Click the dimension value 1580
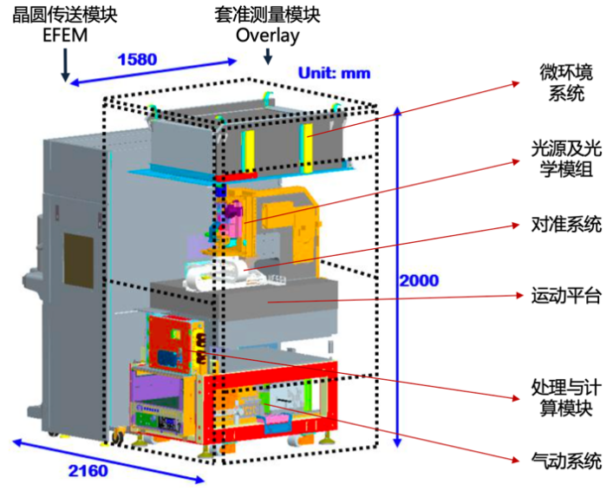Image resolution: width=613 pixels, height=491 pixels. coord(137,60)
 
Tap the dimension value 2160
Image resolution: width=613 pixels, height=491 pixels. coord(88,471)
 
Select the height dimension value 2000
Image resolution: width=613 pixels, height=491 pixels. coord(419,280)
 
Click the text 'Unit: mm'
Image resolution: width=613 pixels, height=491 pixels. coord(335,73)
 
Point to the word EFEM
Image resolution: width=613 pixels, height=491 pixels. coord(65,36)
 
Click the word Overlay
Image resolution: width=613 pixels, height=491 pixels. coord(268,36)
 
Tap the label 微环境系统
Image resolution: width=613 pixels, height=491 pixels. coord(566,82)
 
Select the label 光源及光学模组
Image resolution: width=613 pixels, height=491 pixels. coord(566,160)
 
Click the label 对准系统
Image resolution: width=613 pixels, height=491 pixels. coord(566,225)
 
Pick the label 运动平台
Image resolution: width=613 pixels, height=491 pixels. coord(566,296)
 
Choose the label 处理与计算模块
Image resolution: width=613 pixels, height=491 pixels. coord(566,397)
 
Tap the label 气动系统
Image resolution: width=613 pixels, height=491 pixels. coord(566,461)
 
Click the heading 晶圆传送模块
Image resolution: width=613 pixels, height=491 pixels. coord(65,16)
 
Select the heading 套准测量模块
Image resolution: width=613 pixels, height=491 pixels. coord(267,16)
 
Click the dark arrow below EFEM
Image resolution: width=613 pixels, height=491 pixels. coord(65,64)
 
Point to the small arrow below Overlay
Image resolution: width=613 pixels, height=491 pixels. coord(268,56)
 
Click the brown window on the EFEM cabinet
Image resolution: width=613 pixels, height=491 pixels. coord(79,259)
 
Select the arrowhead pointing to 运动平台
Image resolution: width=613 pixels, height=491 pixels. coord(519,296)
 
